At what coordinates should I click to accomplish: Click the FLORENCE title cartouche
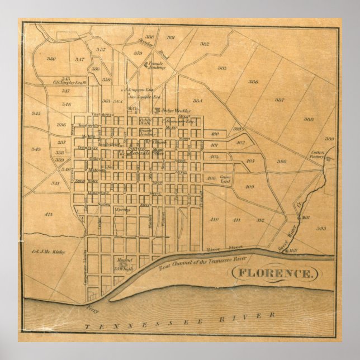(274, 274)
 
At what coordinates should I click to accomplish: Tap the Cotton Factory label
(318, 155)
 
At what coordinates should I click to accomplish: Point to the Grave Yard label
(225, 179)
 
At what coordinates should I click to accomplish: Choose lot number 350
(51, 59)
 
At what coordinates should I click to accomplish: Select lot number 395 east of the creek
(321, 228)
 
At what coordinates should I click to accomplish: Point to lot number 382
(205, 44)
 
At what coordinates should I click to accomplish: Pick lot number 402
(241, 143)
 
